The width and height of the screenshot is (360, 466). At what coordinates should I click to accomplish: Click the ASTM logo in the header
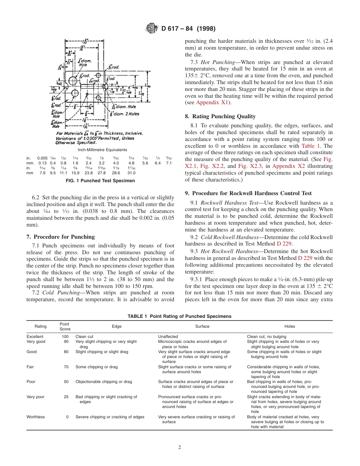coord(152,28)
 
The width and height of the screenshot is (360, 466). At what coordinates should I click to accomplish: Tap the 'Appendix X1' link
coord(212,103)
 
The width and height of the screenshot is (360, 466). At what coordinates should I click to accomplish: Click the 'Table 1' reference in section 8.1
coord(311,146)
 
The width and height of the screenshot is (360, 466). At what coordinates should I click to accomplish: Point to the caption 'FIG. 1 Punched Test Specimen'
coord(100,181)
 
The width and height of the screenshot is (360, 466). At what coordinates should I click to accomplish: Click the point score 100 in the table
coord(65,336)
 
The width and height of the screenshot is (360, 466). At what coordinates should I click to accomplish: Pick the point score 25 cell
coord(66,397)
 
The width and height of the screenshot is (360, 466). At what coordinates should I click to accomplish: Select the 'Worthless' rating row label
coord(36,417)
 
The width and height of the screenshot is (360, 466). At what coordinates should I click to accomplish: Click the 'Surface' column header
coord(202,326)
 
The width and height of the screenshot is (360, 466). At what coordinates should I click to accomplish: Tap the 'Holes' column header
coord(290,326)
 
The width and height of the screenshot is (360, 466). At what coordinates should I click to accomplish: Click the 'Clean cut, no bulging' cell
coord(266,336)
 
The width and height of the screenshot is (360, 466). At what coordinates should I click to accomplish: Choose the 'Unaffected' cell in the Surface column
coord(168,336)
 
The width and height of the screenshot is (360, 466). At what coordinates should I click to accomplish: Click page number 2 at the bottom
coord(180,447)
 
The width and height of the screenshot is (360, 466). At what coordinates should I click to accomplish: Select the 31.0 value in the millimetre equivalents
coord(131,173)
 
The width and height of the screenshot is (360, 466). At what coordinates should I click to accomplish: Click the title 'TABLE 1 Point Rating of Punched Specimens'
coord(179,316)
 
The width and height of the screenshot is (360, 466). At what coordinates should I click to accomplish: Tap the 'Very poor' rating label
coord(35,397)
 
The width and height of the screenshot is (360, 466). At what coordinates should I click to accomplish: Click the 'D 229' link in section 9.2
coord(284,244)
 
